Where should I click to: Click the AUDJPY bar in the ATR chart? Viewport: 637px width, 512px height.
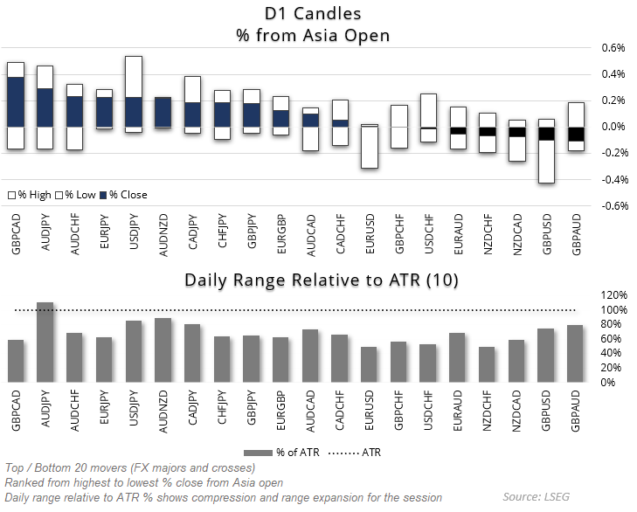(x=45, y=342)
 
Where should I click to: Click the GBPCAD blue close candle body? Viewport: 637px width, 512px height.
(x=15, y=102)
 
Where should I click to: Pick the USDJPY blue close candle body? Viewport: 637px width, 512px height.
(x=134, y=112)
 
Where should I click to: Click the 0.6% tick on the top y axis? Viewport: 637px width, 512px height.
(x=613, y=48)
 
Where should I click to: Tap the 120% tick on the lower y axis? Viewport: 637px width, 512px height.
(x=613, y=295)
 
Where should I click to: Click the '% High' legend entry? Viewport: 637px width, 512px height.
(x=31, y=194)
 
